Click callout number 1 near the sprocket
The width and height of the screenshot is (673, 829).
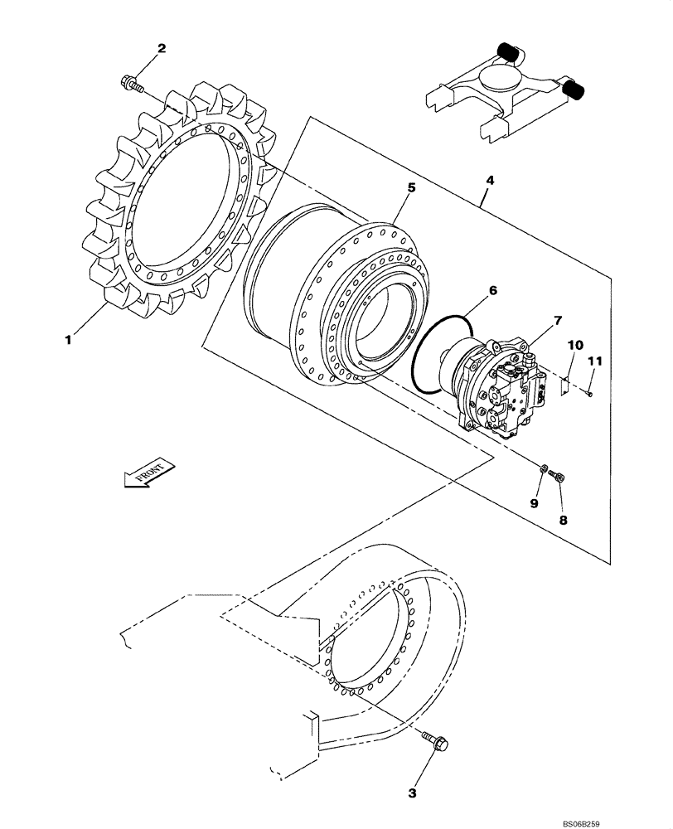[x=70, y=339]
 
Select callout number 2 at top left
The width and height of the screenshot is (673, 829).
[x=162, y=48]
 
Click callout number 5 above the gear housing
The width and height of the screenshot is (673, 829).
[x=411, y=189]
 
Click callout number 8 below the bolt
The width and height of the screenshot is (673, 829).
[x=563, y=521]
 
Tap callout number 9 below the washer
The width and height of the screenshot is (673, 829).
[x=535, y=503]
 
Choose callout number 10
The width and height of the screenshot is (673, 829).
[x=576, y=344]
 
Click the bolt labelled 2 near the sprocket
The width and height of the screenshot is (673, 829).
[x=133, y=82]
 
